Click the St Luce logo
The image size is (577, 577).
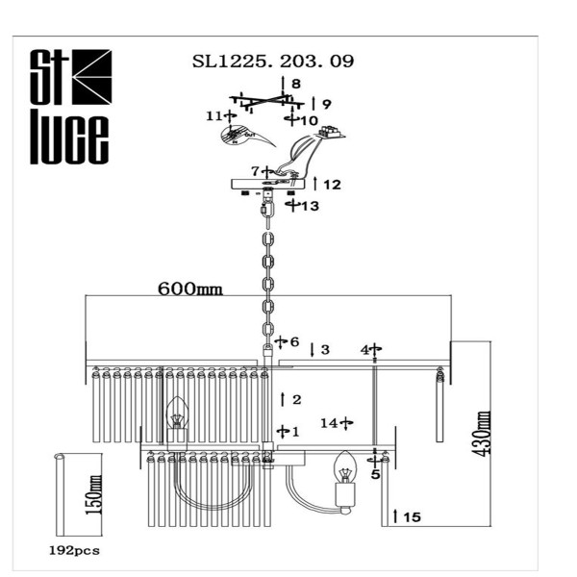tap(67, 107)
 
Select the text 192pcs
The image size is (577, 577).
tap(73, 551)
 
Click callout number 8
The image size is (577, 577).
tap(296, 84)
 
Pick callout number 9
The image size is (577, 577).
tap(327, 104)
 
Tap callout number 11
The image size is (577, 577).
tap(213, 115)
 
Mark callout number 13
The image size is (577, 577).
tap(309, 206)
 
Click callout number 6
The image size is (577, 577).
tap(294, 341)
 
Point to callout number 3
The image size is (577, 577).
tap(325, 349)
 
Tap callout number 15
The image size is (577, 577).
tap(412, 517)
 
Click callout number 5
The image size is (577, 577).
tap(375, 474)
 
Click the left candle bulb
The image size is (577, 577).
tap(177, 415)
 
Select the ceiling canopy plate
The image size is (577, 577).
tap(267, 184)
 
